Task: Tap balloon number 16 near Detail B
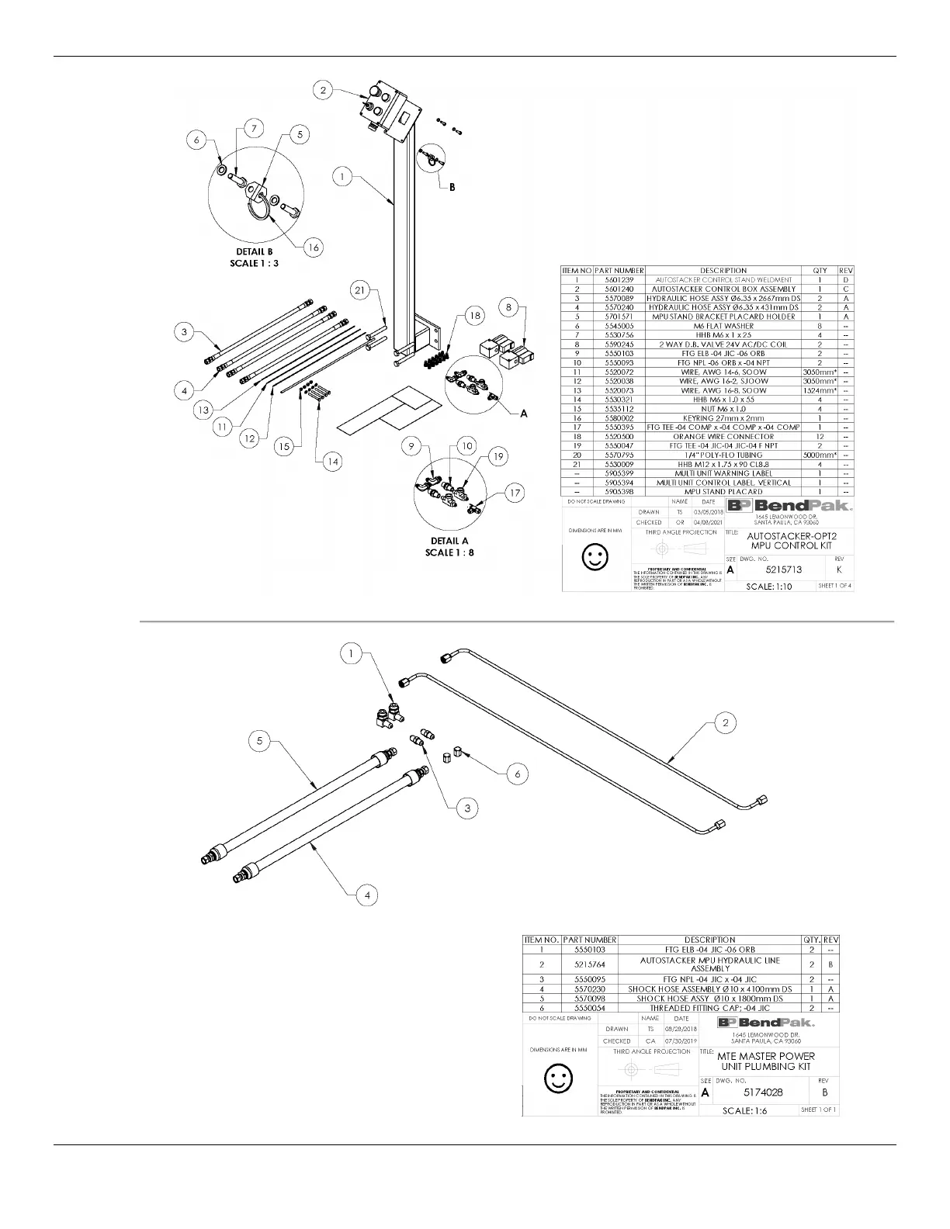[x=312, y=248]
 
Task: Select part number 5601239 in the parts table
[x=619, y=279]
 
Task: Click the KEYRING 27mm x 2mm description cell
[x=723, y=417]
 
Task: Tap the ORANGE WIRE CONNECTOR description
[x=723, y=436]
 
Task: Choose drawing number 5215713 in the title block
[x=784, y=569]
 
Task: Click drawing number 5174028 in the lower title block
[x=763, y=1092]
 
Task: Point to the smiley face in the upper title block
[x=595, y=556]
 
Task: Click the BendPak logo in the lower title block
[x=766, y=1022]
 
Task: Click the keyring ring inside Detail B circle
[x=258, y=209]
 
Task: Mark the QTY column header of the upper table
[x=820, y=270]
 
